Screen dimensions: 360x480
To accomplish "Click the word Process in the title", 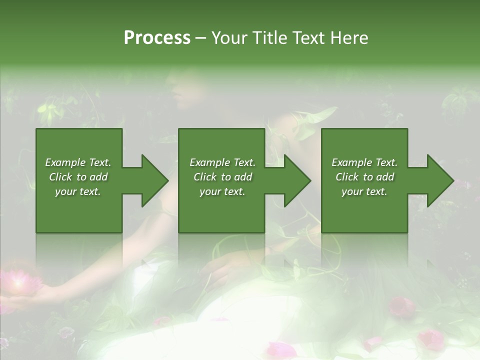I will (157, 38).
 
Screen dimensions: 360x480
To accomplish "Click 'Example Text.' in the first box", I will (78, 162).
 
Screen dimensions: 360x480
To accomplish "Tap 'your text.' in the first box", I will (78, 191).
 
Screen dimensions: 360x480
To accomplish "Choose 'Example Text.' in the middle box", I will (222, 162).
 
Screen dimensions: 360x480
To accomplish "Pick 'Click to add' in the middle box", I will (222, 177).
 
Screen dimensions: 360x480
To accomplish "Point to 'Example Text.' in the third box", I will (364, 162).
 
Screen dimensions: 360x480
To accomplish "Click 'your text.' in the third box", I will (364, 191).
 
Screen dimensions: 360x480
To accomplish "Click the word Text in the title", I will (309, 38).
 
